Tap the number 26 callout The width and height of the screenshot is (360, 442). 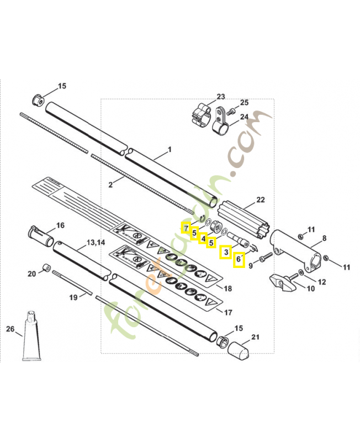click(10, 329)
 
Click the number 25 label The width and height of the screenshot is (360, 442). click(244, 103)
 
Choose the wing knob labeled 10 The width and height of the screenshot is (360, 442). click(282, 282)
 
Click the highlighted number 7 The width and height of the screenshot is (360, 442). click(186, 228)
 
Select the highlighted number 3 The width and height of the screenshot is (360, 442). click(225, 252)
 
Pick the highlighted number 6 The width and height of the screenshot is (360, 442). click(239, 259)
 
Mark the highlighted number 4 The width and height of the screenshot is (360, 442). click(203, 239)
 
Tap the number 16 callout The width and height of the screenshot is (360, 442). click(60, 225)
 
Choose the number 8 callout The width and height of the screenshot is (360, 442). click(325, 238)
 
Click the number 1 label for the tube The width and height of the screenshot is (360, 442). click(170, 149)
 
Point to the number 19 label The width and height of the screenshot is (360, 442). click(72, 298)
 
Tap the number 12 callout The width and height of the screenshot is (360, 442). click(321, 282)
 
